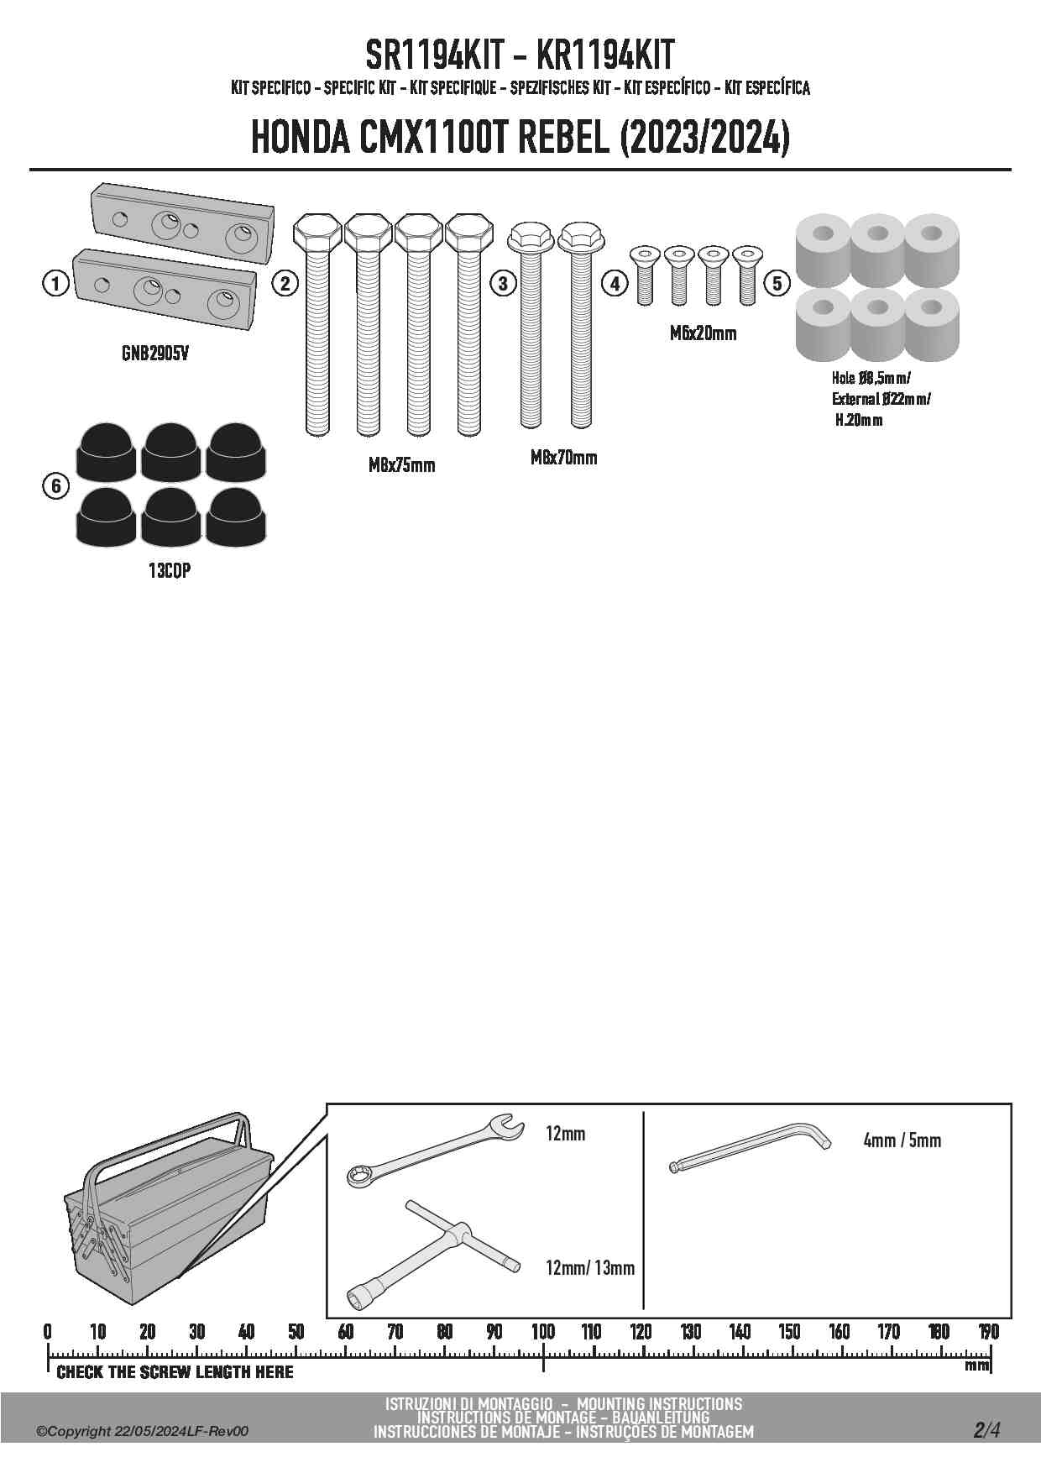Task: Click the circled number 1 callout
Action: [55, 284]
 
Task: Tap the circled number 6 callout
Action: [55, 486]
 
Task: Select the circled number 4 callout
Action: [615, 284]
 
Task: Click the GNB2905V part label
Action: [155, 354]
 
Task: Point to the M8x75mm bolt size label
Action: [402, 465]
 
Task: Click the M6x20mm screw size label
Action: [703, 333]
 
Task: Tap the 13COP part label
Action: [170, 571]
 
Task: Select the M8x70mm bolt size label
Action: [564, 458]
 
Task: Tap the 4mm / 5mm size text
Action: [902, 1140]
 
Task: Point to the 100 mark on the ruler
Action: [543, 1332]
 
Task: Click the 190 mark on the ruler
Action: [989, 1332]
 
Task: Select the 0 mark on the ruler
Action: [48, 1332]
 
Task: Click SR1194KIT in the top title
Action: [434, 55]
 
